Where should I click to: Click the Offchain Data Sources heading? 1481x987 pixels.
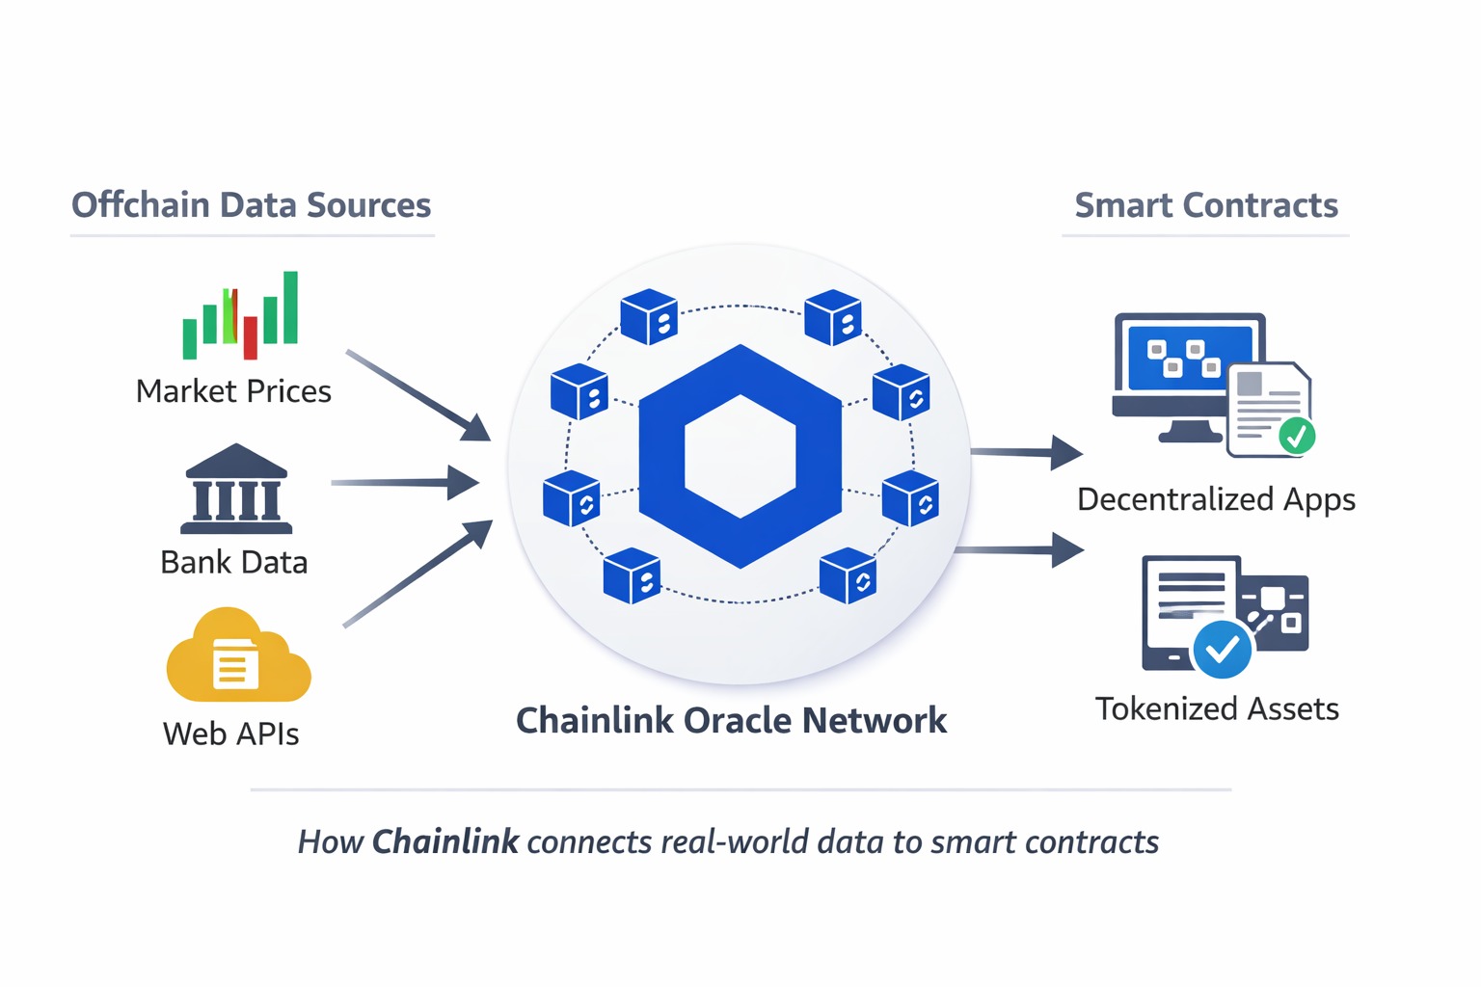tap(251, 205)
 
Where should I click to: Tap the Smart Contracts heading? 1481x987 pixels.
tap(1205, 205)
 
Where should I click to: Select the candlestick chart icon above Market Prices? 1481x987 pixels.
tap(241, 314)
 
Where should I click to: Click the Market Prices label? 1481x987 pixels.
tap(233, 391)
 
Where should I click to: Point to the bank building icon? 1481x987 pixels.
tap(236, 490)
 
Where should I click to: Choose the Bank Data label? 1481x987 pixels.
tap(234, 562)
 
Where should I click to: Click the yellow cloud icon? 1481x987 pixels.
tap(238, 657)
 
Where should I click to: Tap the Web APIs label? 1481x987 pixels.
tap(231, 734)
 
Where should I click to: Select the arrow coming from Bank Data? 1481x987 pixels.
tap(405, 482)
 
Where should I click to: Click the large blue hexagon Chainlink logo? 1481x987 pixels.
tap(740, 456)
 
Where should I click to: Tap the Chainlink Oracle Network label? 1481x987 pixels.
tap(731, 720)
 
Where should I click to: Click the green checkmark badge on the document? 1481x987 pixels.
tap(1297, 436)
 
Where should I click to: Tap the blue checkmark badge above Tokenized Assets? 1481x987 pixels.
tap(1223, 650)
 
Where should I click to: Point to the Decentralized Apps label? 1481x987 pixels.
tap(1216, 499)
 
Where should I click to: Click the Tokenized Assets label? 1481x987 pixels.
tap(1217, 708)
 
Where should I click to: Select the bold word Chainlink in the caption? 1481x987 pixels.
tap(445, 841)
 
